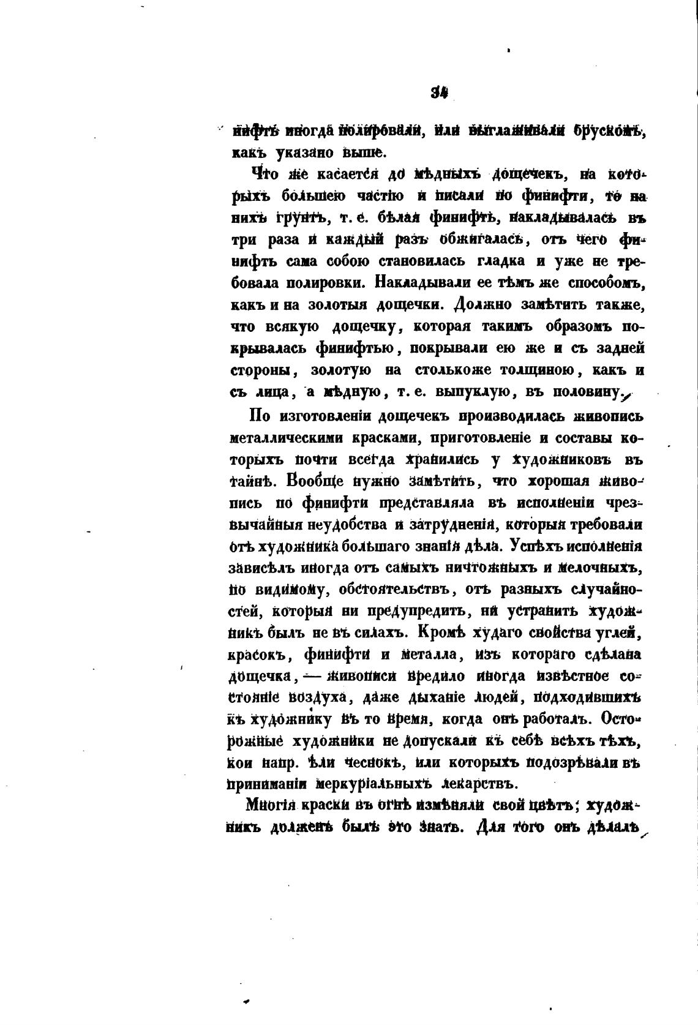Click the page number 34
pos(440,93)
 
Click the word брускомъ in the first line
pos(606,130)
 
